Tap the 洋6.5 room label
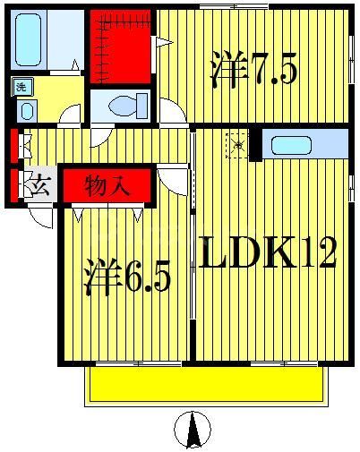[x=130, y=278]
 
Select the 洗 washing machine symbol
[x=20, y=87]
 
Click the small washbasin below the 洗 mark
[x=25, y=111]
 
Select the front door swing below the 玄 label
[x=40, y=215]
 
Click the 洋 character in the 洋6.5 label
[x=103, y=278]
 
